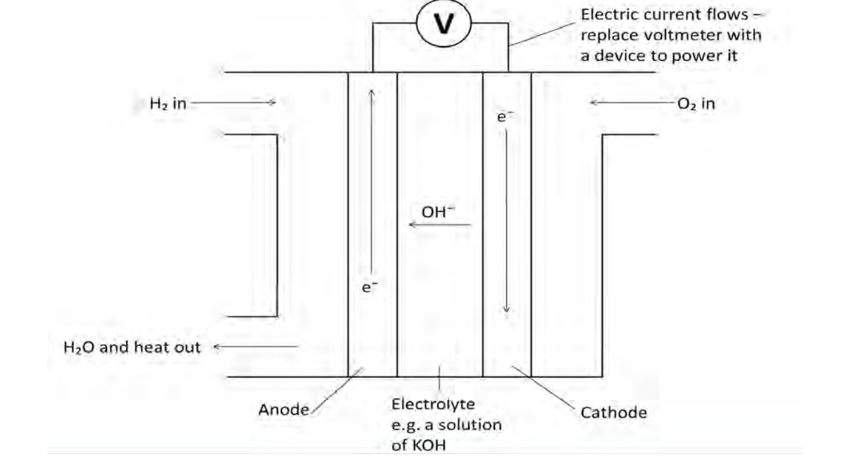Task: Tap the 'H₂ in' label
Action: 167,104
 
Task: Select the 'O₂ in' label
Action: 696,104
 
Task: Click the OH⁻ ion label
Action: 438,212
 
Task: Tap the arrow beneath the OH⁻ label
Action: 440,224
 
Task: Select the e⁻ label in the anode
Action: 370,286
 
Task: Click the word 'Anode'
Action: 284,410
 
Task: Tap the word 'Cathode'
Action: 613,413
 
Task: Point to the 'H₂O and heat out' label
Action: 132,347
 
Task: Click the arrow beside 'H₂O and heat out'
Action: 256,347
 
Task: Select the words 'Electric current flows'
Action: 663,15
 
